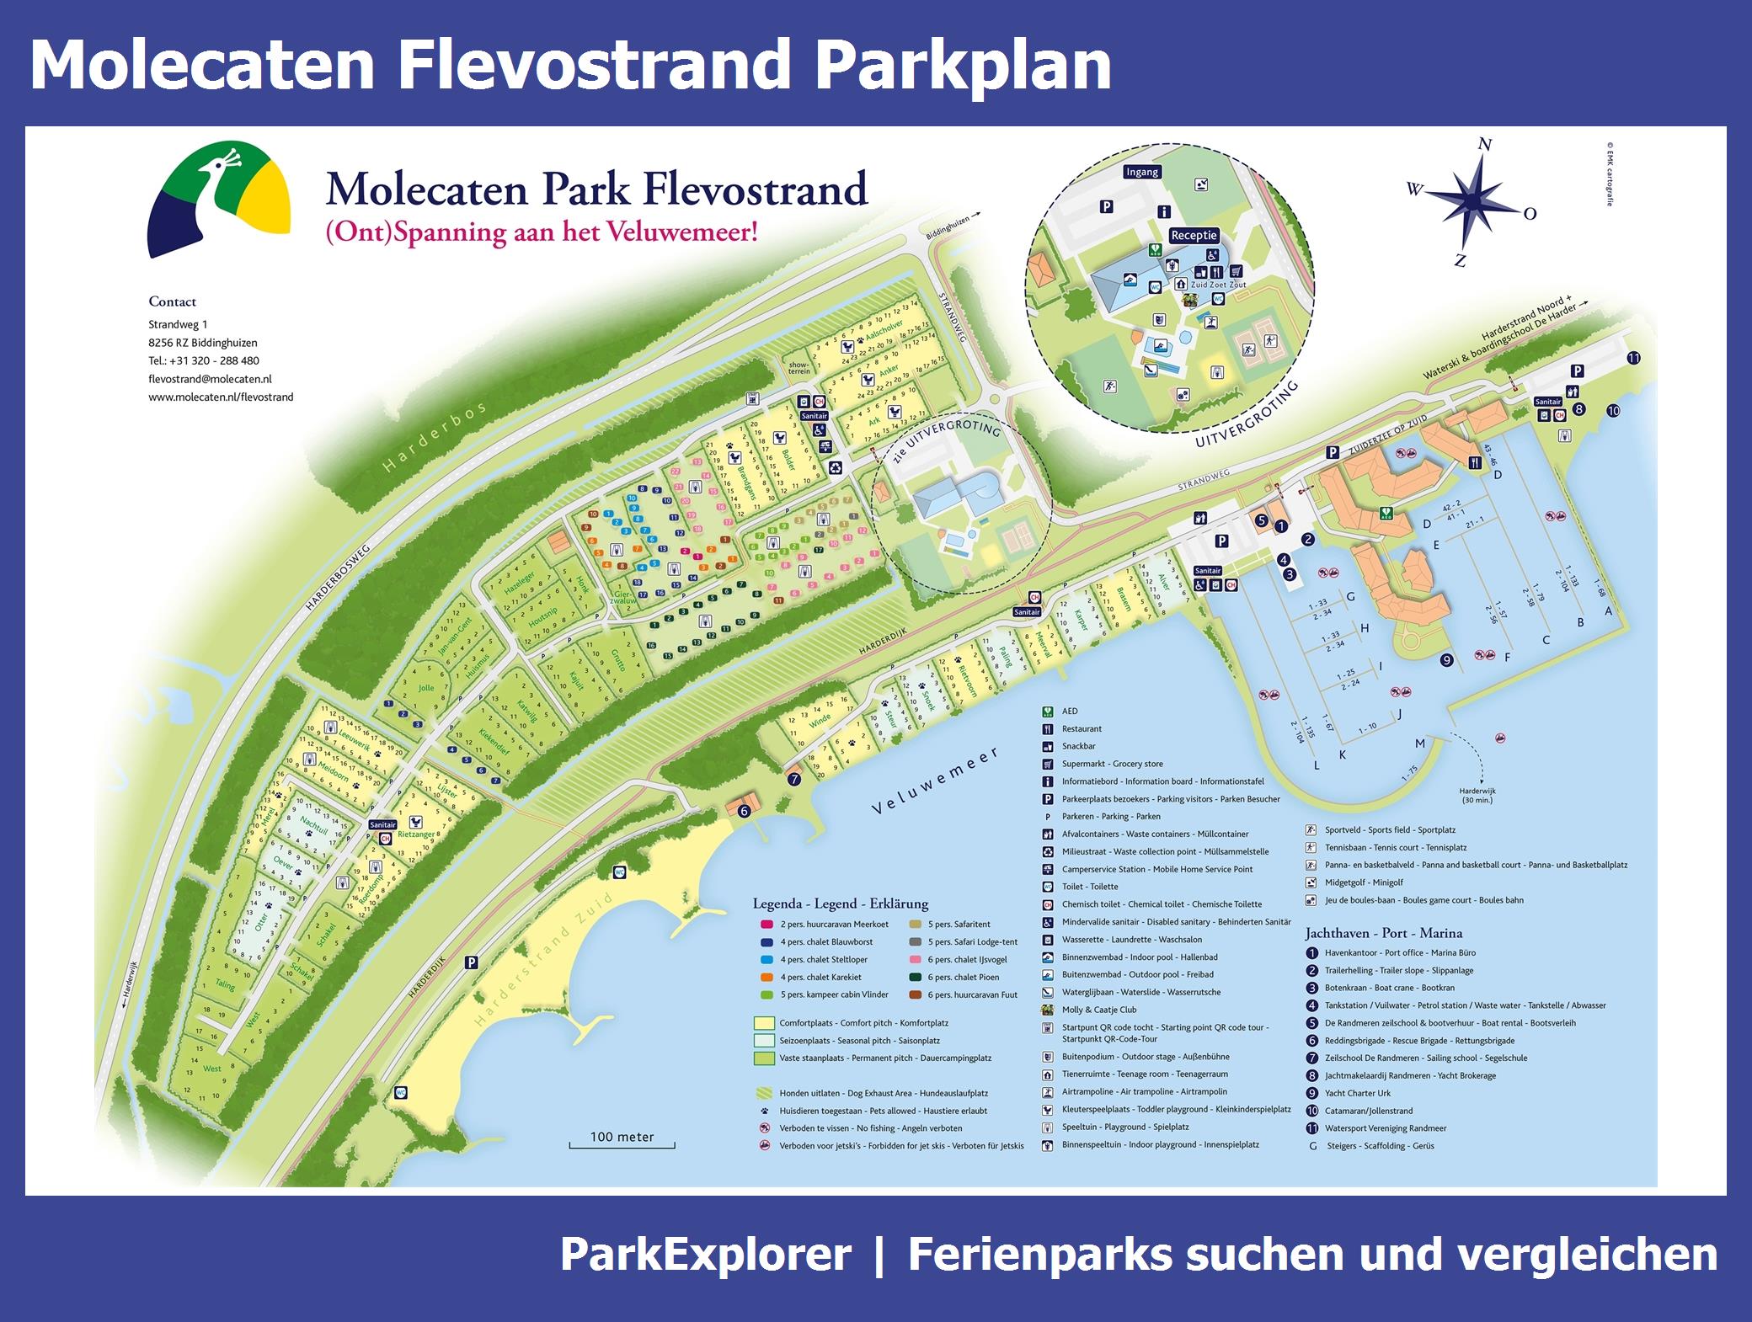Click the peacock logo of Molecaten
point(219,199)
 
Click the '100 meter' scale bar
point(622,1138)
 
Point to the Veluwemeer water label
point(935,781)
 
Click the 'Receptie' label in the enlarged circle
point(1194,236)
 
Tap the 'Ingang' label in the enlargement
point(1142,172)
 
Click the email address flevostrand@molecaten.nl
point(210,379)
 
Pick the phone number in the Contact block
point(204,360)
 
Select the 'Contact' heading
point(172,301)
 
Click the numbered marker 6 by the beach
point(744,812)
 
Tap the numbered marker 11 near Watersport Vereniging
point(1633,358)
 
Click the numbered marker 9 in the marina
point(1447,660)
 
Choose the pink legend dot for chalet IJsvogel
point(914,959)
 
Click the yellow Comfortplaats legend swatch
point(764,1023)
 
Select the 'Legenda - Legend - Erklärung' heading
point(840,904)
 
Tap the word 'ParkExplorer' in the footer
point(705,1255)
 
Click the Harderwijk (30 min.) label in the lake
point(1477,795)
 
